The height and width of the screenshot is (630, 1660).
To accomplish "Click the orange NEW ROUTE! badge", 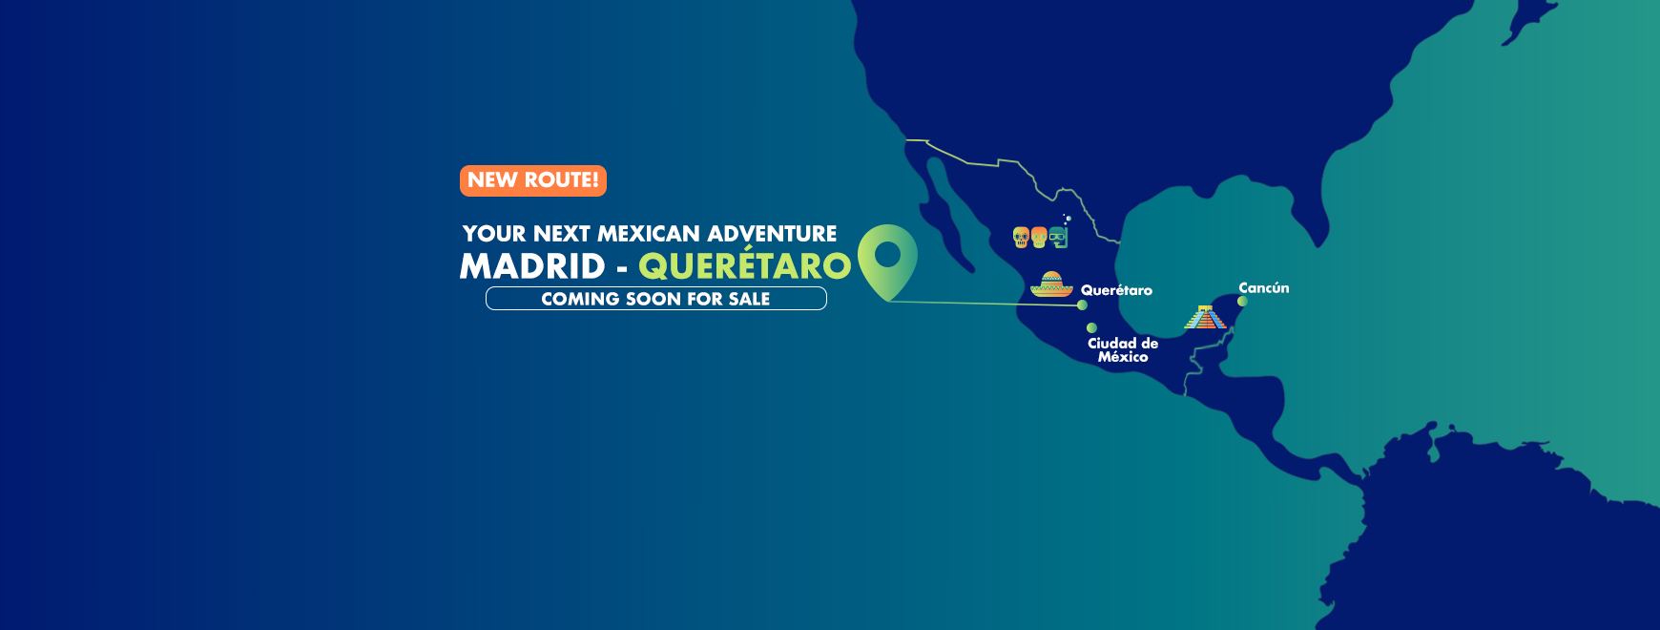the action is (533, 180).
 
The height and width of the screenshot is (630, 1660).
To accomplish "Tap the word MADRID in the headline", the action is (532, 266).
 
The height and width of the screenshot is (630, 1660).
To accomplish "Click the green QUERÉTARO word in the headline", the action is (744, 264).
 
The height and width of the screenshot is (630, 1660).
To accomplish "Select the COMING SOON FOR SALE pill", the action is (656, 299).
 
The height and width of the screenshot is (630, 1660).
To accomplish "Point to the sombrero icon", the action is (1051, 284).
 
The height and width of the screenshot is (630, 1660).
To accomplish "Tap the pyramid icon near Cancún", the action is (1206, 317).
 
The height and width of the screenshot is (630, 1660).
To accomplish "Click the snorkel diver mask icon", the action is (1059, 235).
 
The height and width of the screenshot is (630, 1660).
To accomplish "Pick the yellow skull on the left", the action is (1021, 237).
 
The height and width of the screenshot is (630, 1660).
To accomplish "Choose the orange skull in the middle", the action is (1039, 237).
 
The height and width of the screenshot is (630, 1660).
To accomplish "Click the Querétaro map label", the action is (1116, 290).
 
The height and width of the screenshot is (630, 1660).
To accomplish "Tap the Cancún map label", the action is (1264, 287).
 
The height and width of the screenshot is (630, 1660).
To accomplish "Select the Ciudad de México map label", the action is (1123, 349).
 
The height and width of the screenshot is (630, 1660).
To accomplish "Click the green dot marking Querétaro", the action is (1082, 305).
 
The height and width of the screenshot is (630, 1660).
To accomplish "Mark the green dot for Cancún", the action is (1242, 302).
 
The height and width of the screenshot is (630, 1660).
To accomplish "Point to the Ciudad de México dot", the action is (1091, 327).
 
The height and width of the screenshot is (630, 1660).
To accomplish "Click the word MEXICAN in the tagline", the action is (649, 234).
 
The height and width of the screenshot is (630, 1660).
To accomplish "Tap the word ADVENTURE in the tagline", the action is (773, 234).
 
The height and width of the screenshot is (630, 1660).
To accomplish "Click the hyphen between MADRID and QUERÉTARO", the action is (622, 270).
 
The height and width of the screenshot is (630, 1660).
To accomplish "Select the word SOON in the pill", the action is (654, 299).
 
